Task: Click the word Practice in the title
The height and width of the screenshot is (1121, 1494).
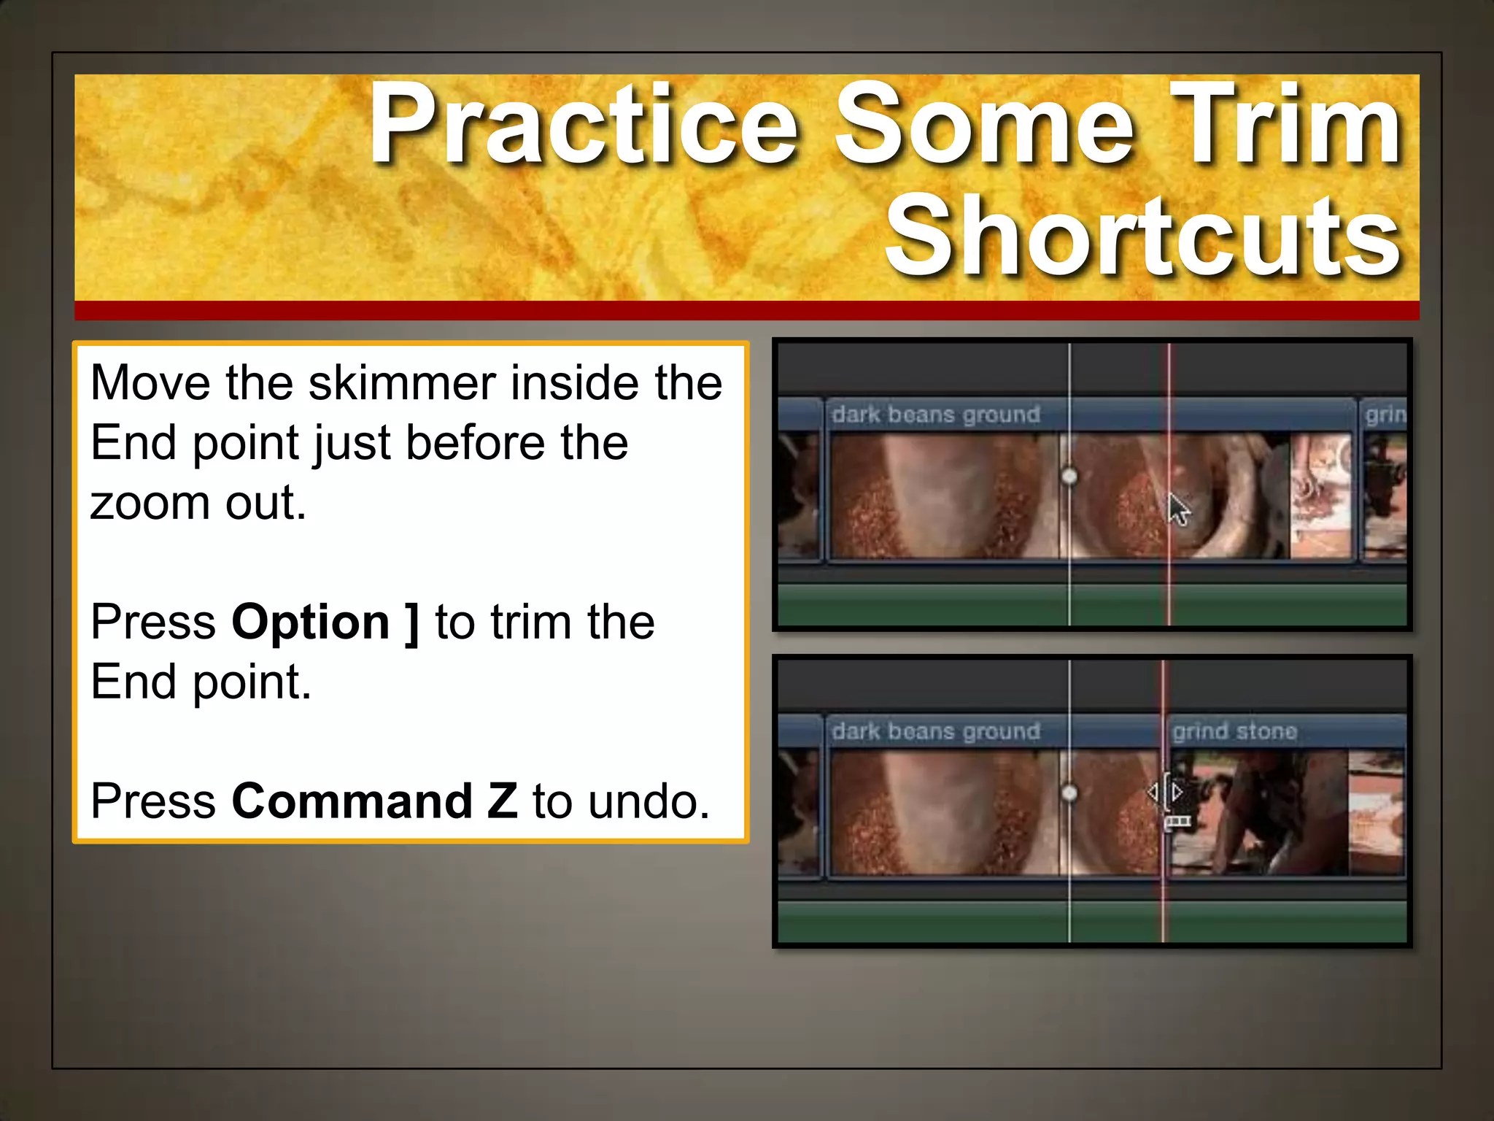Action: [x=584, y=126]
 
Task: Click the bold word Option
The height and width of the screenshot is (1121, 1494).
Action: [x=311, y=623]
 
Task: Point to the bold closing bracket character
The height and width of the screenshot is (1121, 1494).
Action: [x=412, y=623]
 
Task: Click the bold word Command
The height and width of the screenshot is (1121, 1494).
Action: [x=352, y=801]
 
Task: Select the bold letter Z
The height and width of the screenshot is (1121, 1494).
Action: [x=503, y=801]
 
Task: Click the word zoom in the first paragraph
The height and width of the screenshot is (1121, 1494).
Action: [x=150, y=503]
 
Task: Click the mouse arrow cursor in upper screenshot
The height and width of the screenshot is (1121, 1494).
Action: [x=1177, y=509]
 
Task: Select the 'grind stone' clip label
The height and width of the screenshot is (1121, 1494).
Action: [x=1234, y=731]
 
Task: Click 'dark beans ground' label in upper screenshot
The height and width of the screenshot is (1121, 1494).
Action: [x=936, y=415]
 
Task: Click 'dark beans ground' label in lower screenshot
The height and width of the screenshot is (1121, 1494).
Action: [x=936, y=731]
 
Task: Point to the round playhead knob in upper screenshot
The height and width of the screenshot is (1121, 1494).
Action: [x=1069, y=477]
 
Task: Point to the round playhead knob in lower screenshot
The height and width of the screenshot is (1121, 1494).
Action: [x=1069, y=793]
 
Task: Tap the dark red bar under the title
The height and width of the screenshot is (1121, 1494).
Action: [x=747, y=311]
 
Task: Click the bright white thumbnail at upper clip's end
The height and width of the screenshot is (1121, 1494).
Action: [x=1321, y=496]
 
